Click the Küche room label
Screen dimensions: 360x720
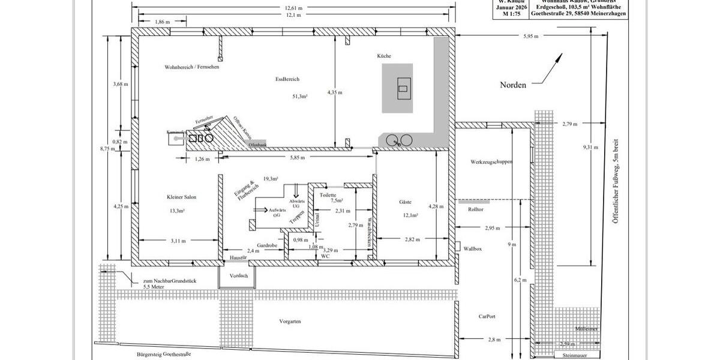[384, 56]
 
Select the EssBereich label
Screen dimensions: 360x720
[287, 79]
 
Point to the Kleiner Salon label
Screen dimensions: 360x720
[181, 197]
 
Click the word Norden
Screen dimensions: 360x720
[513, 85]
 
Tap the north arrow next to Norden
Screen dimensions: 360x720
[550, 68]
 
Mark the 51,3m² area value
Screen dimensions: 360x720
[300, 96]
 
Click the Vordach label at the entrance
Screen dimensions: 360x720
[238, 275]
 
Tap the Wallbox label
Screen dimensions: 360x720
[473, 248]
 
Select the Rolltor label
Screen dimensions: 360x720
[475, 209]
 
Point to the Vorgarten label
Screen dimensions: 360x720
[290, 322]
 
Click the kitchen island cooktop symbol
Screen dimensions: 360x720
[403, 89]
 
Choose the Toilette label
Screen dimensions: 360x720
[328, 195]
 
